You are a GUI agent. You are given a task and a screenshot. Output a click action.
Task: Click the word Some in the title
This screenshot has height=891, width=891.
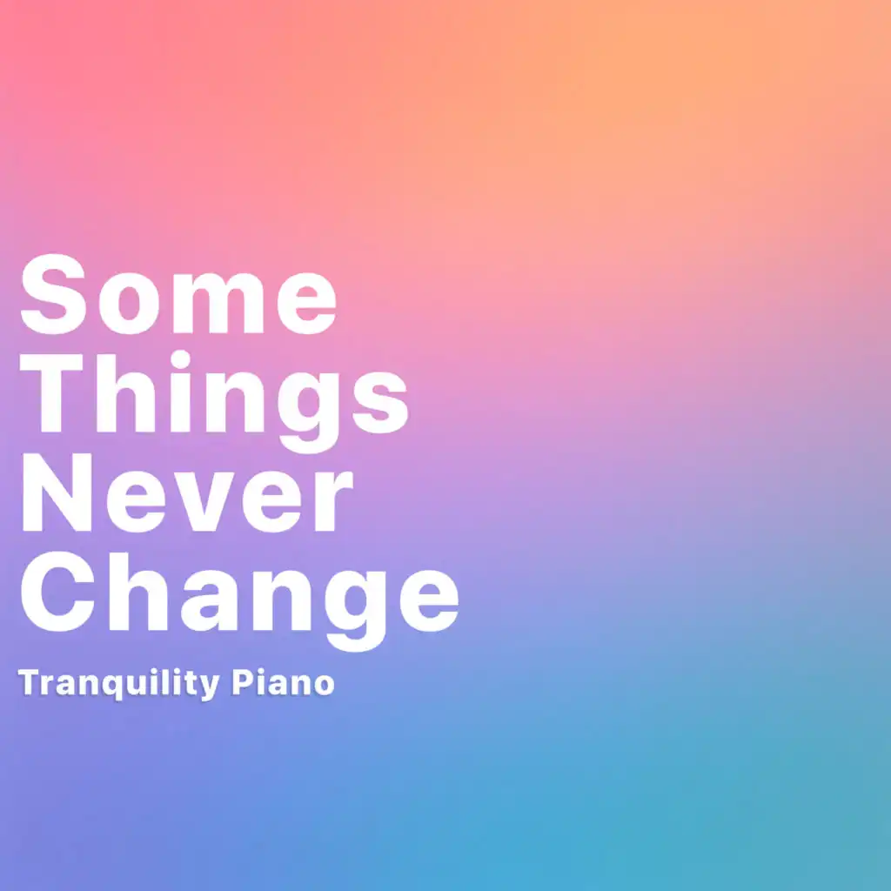point(178,294)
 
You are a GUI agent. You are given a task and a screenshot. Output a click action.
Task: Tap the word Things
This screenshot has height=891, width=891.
point(214,402)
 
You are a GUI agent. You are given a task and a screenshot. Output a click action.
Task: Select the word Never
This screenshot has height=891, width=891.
point(187,492)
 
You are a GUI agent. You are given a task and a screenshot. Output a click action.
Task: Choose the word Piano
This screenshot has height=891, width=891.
point(283,682)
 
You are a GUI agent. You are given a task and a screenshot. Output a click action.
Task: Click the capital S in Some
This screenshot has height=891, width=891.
point(53,294)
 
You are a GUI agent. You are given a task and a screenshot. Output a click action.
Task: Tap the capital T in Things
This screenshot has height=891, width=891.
point(51,392)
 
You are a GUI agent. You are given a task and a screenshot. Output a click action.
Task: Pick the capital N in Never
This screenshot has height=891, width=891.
point(57,492)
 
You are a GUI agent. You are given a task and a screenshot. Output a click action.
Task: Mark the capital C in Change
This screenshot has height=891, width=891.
point(57,591)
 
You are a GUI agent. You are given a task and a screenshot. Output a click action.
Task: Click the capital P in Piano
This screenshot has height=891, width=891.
point(242,682)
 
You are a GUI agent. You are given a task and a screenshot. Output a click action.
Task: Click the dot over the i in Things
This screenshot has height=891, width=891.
point(180,359)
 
